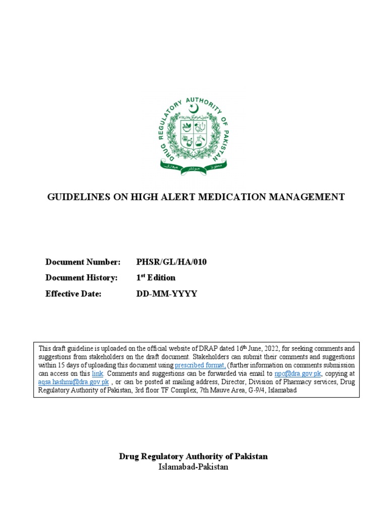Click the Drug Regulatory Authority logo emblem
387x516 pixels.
(193, 134)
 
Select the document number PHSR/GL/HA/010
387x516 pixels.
(171, 262)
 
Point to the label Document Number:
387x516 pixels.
(83, 262)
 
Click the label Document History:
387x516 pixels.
(81, 278)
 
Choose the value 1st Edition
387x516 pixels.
(156, 278)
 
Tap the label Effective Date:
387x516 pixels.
(74, 294)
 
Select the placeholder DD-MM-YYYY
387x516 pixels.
(167, 294)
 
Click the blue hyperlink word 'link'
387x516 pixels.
(97, 373)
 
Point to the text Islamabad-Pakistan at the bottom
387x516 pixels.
(193, 467)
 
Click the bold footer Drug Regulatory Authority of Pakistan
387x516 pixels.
(193, 457)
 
